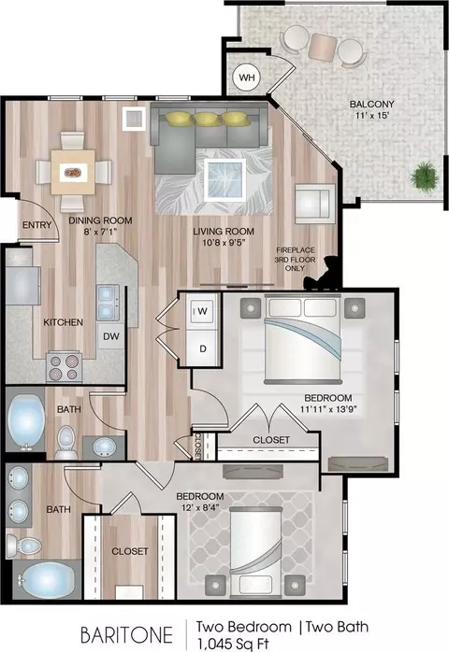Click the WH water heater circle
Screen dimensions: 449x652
pyautogui.click(x=247, y=78)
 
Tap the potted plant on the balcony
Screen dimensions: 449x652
pyautogui.click(x=424, y=177)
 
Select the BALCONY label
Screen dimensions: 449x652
pyautogui.click(x=371, y=104)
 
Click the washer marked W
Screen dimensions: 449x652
pyautogui.click(x=203, y=311)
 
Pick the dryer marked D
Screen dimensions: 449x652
pyautogui.click(x=203, y=348)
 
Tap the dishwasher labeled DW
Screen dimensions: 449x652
pyautogui.click(x=110, y=336)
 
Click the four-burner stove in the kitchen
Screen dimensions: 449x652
pyautogui.click(x=64, y=367)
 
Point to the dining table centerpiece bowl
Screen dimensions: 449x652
pyautogui.click(x=73, y=172)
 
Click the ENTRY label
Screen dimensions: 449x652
pyautogui.click(x=37, y=225)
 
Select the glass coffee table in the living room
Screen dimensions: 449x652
pyautogui.click(x=225, y=179)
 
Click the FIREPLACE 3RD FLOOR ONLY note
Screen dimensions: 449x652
pyautogui.click(x=295, y=259)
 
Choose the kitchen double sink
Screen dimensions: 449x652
pyautogui.click(x=108, y=303)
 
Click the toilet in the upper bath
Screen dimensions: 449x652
pyautogui.click(x=66, y=442)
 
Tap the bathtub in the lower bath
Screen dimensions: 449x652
pyautogui.click(x=47, y=580)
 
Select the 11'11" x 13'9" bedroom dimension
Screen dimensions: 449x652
pyautogui.click(x=328, y=409)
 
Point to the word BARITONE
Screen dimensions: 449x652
pyautogui.click(x=126, y=635)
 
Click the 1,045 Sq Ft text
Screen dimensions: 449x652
pyautogui.click(x=233, y=644)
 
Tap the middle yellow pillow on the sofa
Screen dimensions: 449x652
pyautogui.click(x=207, y=119)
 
